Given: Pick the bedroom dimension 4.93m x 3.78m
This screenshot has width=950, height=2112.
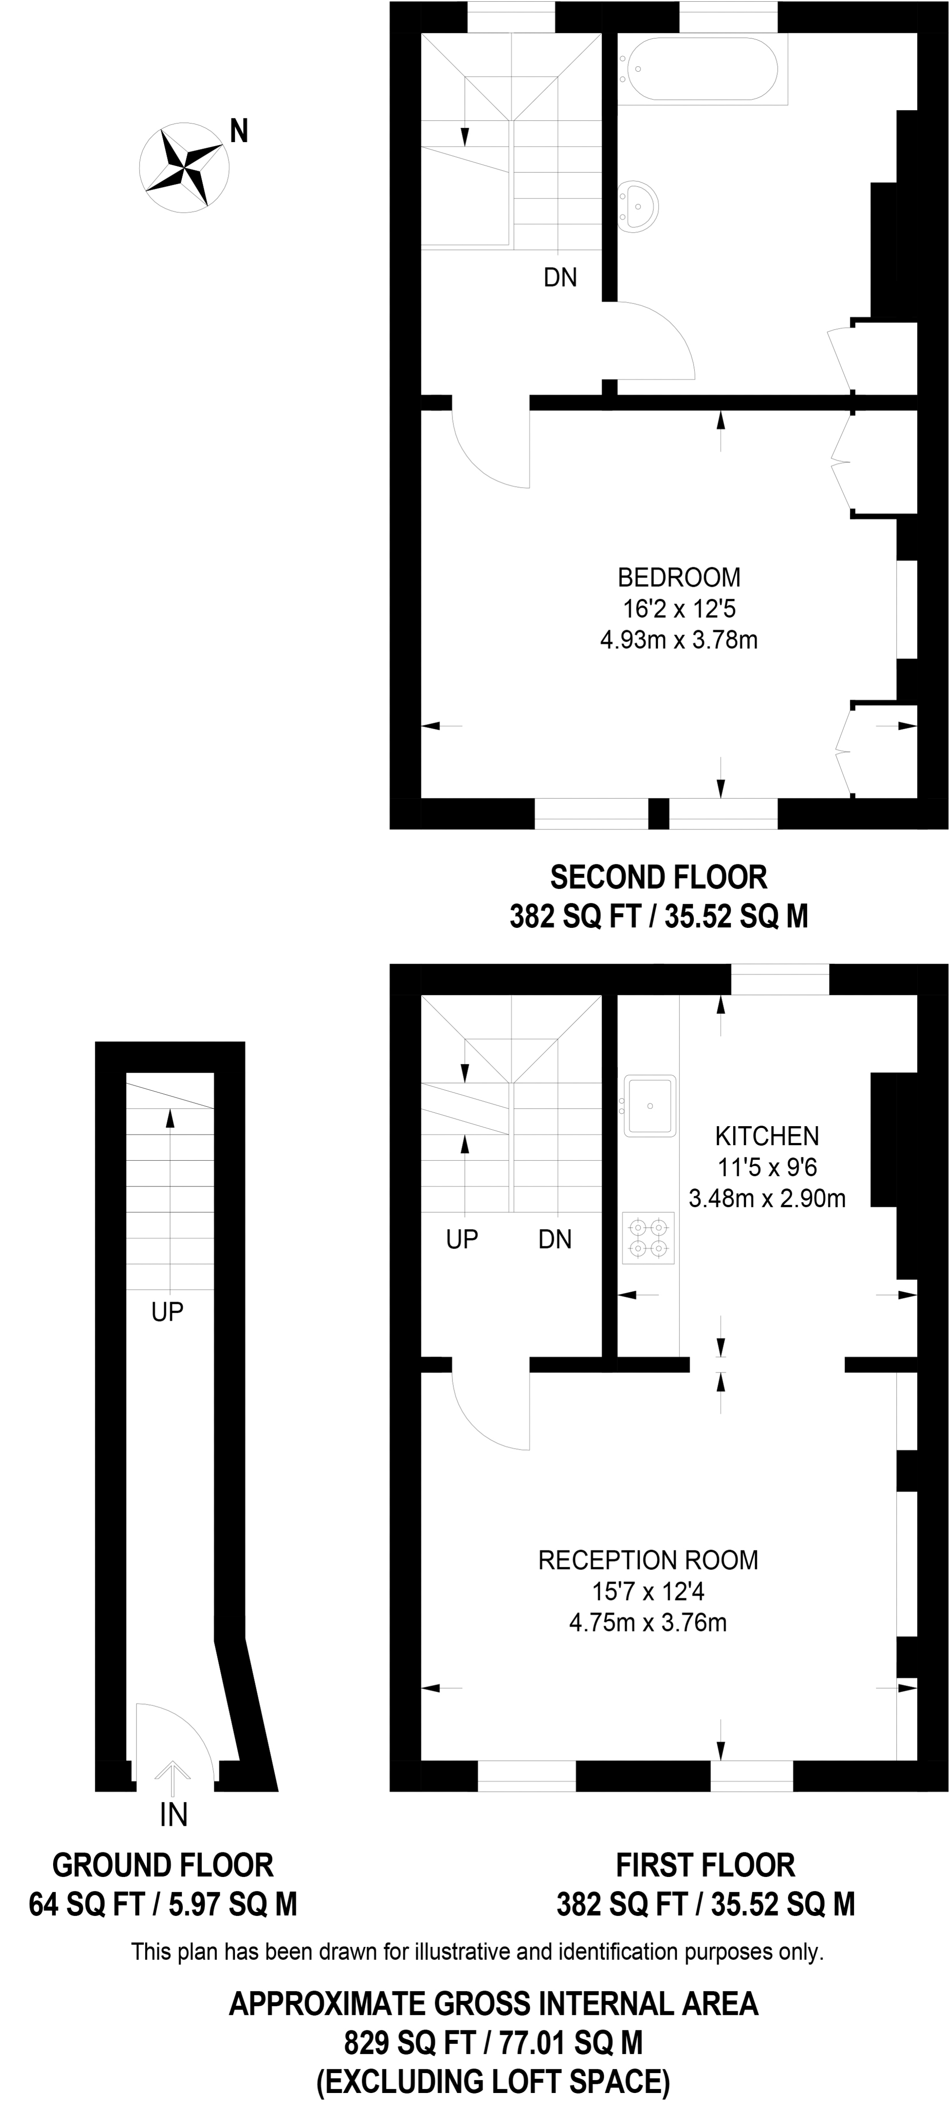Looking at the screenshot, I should click(679, 639).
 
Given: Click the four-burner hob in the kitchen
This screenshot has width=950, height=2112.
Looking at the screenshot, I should click(648, 1237).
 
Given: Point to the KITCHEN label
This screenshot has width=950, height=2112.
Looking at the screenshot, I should click(766, 1136).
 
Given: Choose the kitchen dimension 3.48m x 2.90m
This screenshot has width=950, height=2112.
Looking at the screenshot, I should click(766, 1199).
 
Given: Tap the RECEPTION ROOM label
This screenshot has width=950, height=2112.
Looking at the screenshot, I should click(648, 1559).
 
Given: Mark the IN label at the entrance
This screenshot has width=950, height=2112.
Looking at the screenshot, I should click(174, 1815).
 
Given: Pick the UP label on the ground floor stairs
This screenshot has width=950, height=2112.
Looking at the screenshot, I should click(167, 1312).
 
